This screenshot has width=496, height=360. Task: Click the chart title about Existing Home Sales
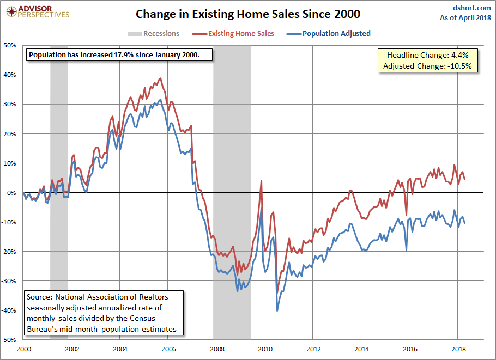pyautogui.click(x=248, y=13)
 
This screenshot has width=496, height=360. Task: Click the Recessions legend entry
pyautogui.click(x=154, y=34)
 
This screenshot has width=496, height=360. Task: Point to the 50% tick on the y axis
pyautogui.click(x=10, y=45)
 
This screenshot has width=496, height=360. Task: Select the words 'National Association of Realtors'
pyautogui.click(x=112, y=297)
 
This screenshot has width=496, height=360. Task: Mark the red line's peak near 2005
pyautogui.click(x=160, y=78)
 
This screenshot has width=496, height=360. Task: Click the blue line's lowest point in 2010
pyautogui.click(x=277, y=310)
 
